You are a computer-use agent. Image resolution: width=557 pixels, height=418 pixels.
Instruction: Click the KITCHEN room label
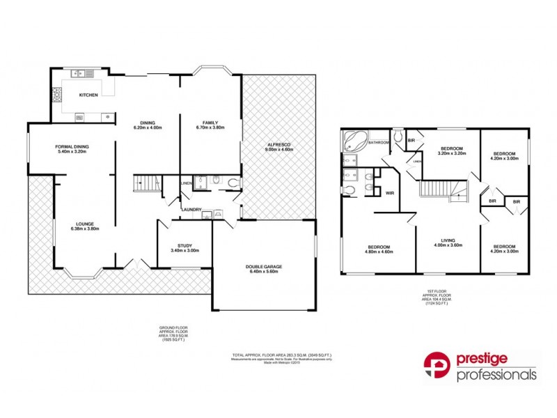88,95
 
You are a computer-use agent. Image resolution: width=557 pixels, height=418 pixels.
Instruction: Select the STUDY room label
185,248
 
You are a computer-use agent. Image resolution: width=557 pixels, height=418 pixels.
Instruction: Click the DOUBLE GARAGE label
262,269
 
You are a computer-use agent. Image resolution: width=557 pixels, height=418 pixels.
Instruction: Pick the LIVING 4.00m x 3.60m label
448,246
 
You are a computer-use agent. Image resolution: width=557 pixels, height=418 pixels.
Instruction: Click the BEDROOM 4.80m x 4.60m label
379,249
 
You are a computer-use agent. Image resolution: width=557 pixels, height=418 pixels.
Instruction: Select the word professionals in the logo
496,375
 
